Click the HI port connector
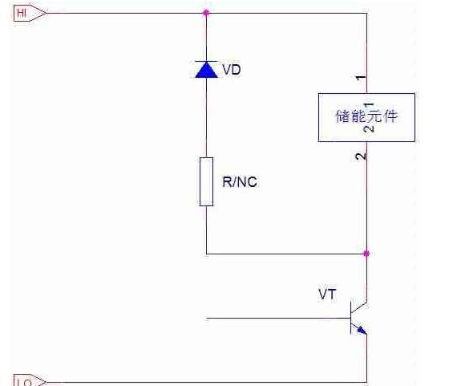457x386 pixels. (x=24, y=13)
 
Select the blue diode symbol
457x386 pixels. (x=206, y=69)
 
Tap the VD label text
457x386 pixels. (x=231, y=70)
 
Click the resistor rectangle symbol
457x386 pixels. (x=206, y=181)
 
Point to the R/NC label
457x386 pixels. (x=240, y=182)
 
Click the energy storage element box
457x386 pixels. (x=366, y=117)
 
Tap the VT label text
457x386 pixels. (x=327, y=295)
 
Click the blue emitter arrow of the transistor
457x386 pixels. (x=362, y=329)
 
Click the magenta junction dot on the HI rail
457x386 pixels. (x=206, y=13)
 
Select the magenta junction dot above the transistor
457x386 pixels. (x=366, y=254)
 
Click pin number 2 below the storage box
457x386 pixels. (x=362, y=155)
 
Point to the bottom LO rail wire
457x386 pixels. (x=200, y=381)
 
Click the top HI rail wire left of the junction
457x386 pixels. (x=120, y=13)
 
